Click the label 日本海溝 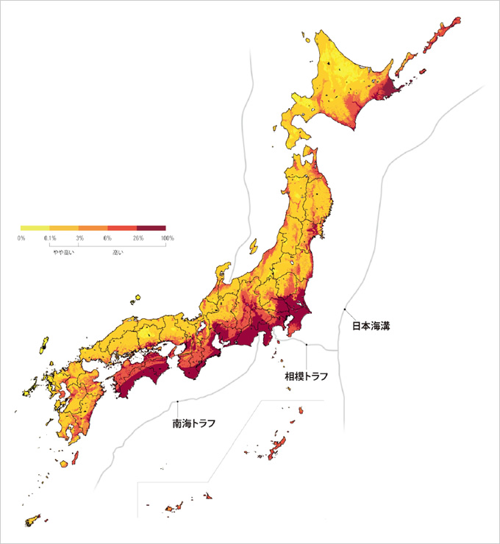pyautogui.click(x=369, y=325)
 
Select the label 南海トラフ pyautogui.click(x=194, y=423)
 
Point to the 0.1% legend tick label pyautogui.click(x=50, y=238)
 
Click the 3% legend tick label pyautogui.click(x=79, y=238)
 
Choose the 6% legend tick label pyautogui.click(x=107, y=238)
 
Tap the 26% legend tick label pyautogui.click(x=137, y=238)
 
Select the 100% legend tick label pyautogui.click(x=167, y=238)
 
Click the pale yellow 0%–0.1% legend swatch pyautogui.click(x=35, y=229)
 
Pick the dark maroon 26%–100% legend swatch pyautogui.click(x=151, y=229)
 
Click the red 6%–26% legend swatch pyautogui.click(x=122, y=229)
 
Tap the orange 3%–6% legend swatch pyautogui.click(x=93, y=229)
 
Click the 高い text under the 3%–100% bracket pyautogui.click(x=118, y=253)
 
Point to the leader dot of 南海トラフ pyautogui.click(x=179, y=401)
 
